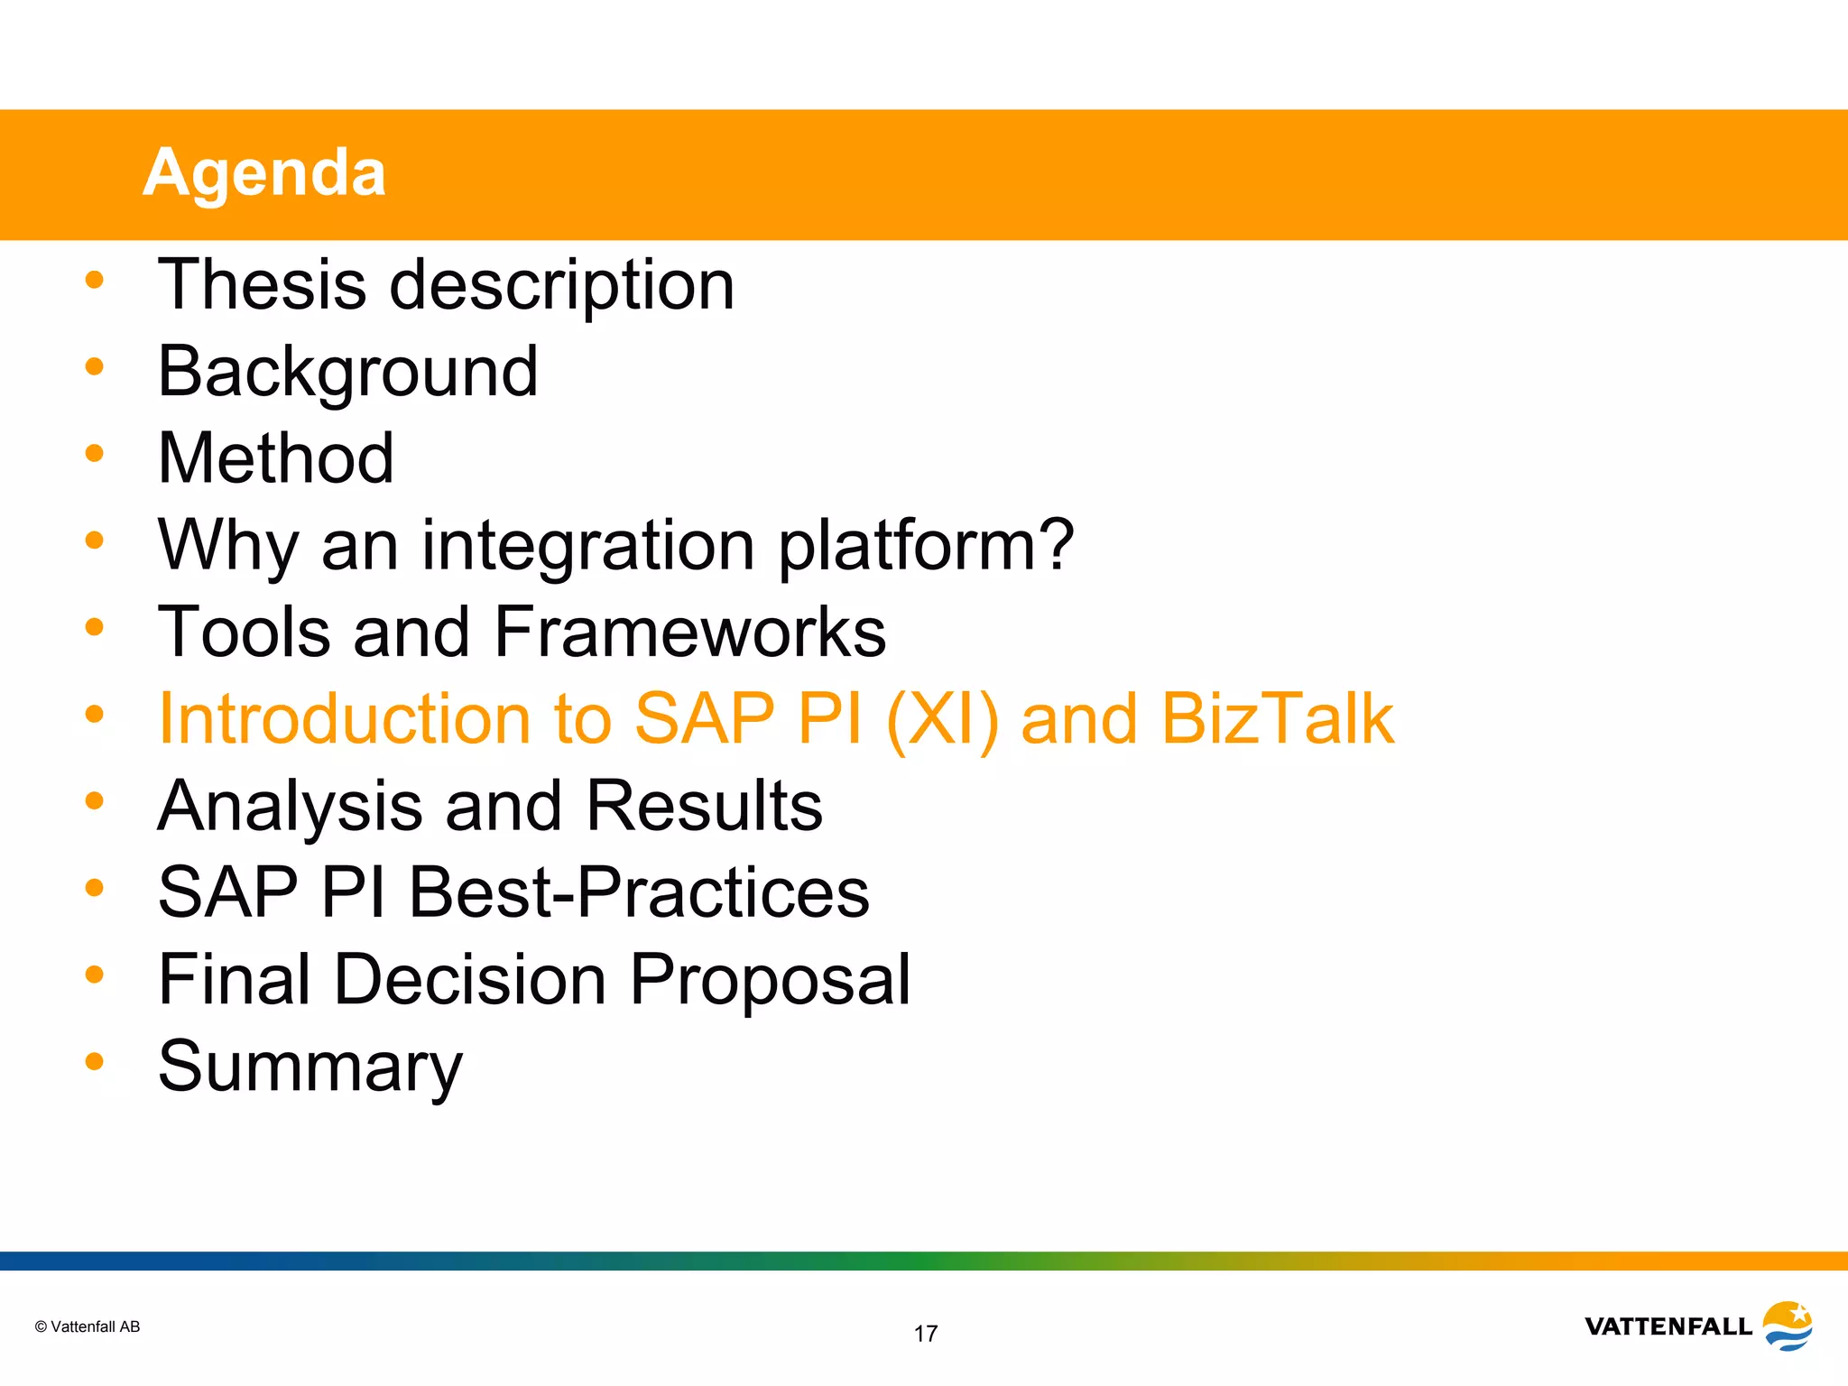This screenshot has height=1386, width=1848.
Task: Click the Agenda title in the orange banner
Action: click(264, 172)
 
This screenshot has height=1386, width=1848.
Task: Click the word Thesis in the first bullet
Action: click(262, 284)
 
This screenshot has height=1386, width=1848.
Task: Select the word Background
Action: click(347, 372)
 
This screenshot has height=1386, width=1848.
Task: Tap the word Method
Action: click(275, 457)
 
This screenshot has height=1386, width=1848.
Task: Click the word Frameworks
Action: click(690, 632)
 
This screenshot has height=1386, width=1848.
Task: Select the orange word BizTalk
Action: click(1277, 718)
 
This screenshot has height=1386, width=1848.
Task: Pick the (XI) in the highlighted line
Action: click(942, 719)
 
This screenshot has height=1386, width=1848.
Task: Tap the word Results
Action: click(704, 805)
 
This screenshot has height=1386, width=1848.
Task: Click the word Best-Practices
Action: click(639, 892)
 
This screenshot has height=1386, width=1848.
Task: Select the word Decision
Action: click(470, 979)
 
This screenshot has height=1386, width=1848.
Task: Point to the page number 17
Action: click(925, 1334)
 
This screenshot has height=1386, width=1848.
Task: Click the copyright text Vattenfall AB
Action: click(88, 1326)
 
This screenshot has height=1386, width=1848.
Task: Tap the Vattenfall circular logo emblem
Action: click(1788, 1325)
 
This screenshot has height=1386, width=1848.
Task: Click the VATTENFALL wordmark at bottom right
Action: click(1668, 1326)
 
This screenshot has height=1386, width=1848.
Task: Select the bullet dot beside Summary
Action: click(94, 1061)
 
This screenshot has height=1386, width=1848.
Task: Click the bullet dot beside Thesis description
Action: click(94, 280)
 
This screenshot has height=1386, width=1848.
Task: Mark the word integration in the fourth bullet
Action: click(587, 544)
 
